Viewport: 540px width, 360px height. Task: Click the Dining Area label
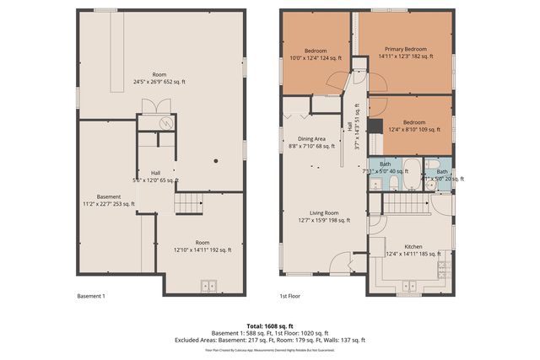click(x=312, y=143)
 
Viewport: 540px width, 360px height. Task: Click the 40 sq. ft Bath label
click(x=385, y=167)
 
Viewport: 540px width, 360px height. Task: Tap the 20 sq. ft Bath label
click(x=442, y=175)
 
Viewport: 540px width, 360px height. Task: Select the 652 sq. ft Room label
click(x=159, y=78)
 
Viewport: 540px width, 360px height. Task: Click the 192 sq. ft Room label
click(x=202, y=245)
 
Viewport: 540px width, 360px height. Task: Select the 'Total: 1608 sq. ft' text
click(x=270, y=325)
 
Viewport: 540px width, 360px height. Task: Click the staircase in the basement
click(x=188, y=203)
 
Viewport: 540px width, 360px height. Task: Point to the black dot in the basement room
click(x=217, y=160)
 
